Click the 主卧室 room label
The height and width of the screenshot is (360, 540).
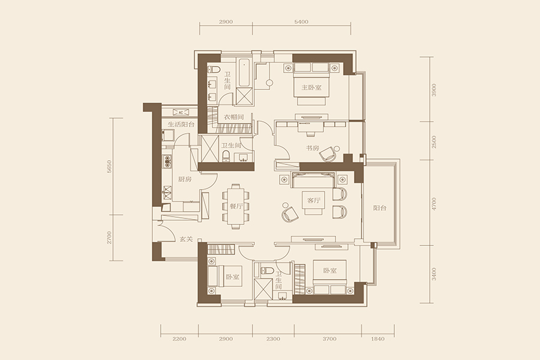pos(311,88)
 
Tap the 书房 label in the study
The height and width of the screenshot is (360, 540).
pos(313,148)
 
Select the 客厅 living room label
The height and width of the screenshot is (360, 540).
pos(314,200)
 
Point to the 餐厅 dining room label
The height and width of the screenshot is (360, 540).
pos(236,206)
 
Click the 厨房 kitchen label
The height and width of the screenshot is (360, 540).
pos(185,179)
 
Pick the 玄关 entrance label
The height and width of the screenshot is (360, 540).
pos(186,239)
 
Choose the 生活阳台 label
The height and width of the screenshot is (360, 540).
pos(181,124)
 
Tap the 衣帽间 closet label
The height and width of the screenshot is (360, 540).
pos(234,117)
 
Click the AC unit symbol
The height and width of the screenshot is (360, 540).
pos(181,112)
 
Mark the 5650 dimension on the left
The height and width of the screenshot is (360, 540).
pos(110,166)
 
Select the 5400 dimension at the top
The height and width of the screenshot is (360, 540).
pos(301,22)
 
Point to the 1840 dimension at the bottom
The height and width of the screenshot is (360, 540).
pos(378,338)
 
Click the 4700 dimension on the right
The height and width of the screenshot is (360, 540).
pos(434,203)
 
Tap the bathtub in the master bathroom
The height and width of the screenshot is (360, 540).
pos(244,73)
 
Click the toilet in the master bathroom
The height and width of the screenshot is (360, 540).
pos(214,69)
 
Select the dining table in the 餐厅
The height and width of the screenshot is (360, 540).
pos(236,206)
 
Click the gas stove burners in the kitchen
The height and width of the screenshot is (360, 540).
pos(167,161)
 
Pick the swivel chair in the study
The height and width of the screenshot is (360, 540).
pos(328,154)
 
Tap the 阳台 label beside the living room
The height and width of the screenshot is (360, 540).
pos(380,208)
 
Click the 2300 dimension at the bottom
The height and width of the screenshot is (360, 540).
pos(273,338)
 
